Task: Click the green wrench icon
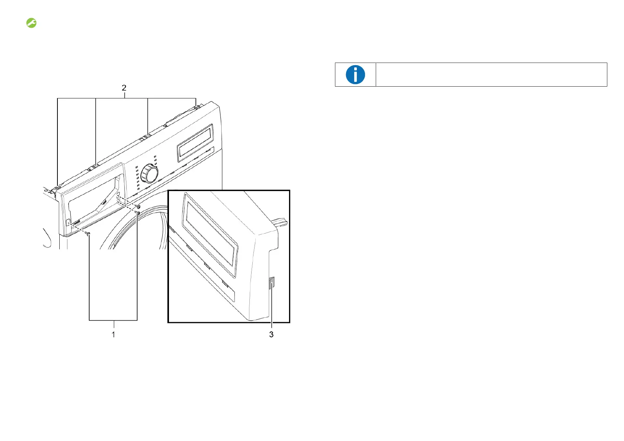[31, 23]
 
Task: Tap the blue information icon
[355, 75]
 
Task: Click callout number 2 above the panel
[124, 88]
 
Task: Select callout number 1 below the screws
[113, 334]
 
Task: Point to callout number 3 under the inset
[271, 334]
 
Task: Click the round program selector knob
[150, 174]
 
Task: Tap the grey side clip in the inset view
[272, 283]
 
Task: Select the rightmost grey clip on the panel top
[198, 106]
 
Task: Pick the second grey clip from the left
[95, 166]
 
